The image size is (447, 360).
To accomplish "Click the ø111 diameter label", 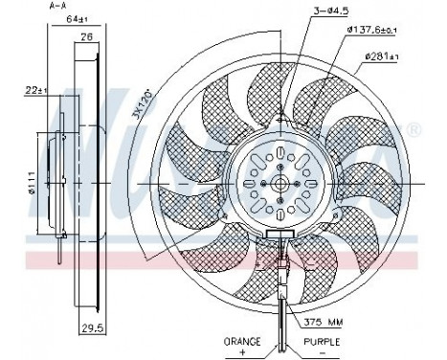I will pos(32,182).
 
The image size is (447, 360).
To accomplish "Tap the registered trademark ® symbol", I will pos(413,128).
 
